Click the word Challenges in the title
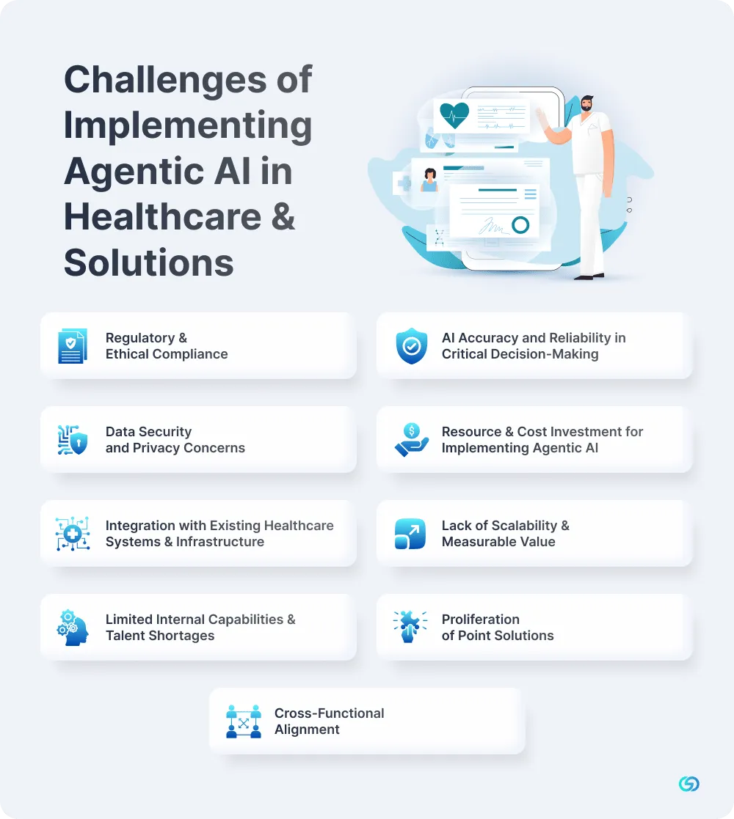[x=165, y=81]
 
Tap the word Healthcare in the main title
[x=163, y=217]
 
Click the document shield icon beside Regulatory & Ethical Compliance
[x=72, y=346]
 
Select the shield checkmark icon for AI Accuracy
[x=412, y=346]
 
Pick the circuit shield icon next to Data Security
[x=72, y=440]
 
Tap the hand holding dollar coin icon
[x=412, y=440]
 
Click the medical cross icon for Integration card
[x=73, y=533]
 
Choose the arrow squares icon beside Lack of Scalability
[x=410, y=534]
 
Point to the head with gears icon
[x=72, y=628]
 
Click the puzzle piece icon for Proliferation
[x=410, y=626]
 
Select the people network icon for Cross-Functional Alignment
[x=244, y=721]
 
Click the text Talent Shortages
[x=160, y=636]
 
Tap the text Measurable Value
[x=498, y=542]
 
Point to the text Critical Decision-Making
[x=520, y=354]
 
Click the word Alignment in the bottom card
[x=307, y=730]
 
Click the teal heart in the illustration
[x=454, y=115]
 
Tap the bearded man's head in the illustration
[x=587, y=103]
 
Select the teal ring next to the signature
[x=520, y=225]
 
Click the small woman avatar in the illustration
[x=429, y=180]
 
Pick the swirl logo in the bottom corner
[x=689, y=784]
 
